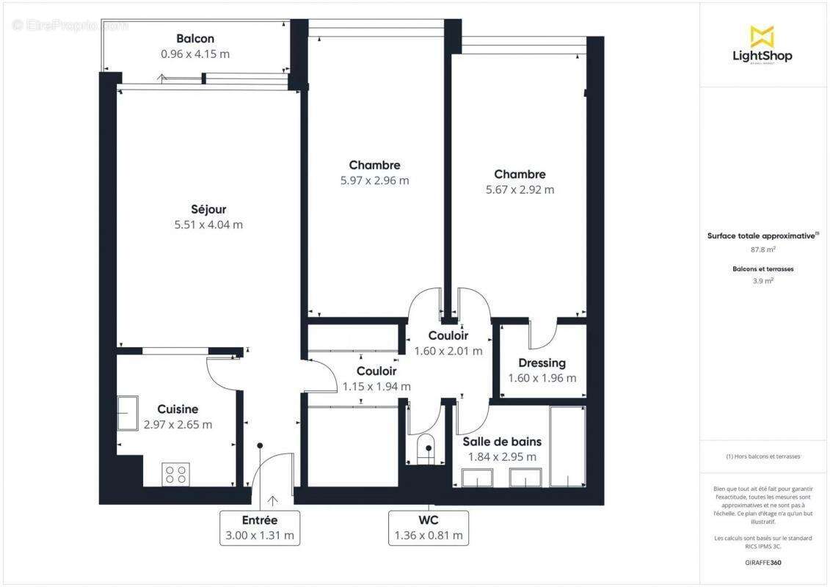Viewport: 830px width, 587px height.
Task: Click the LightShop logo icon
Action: pyautogui.click(x=762, y=36)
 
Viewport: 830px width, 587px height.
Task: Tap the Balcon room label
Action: pyautogui.click(x=195, y=38)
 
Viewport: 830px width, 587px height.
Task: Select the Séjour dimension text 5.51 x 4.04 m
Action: pyautogui.click(x=208, y=225)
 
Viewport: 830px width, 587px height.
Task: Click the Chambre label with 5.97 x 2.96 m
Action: pyautogui.click(x=374, y=165)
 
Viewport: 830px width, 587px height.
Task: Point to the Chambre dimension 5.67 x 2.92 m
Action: pyautogui.click(x=520, y=189)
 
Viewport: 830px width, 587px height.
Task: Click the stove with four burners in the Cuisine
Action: pyautogui.click(x=176, y=474)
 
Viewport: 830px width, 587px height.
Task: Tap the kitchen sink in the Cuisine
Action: pyautogui.click(x=128, y=413)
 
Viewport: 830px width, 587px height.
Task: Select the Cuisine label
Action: pyautogui.click(x=178, y=409)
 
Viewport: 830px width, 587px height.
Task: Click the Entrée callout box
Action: pyautogui.click(x=260, y=528)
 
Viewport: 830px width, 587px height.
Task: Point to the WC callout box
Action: pyautogui.click(x=429, y=528)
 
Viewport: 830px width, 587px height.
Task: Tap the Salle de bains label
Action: pyautogui.click(x=502, y=441)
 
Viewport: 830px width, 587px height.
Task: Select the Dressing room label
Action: pyautogui.click(x=542, y=362)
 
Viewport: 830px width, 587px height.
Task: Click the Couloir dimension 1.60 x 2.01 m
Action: pyautogui.click(x=448, y=351)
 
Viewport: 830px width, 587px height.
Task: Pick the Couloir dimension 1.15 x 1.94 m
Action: pyautogui.click(x=376, y=386)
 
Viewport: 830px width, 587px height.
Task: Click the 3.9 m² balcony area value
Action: pyautogui.click(x=763, y=280)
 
